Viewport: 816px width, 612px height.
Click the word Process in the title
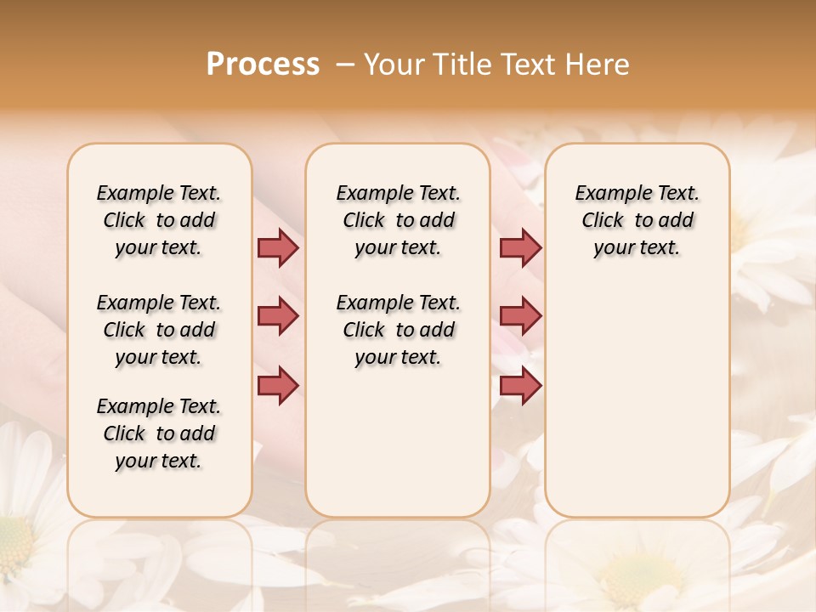[x=263, y=65]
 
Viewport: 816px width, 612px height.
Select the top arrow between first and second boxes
[x=278, y=247]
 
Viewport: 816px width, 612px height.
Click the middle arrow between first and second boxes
[x=278, y=316]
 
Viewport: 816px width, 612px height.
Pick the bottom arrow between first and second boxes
[x=278, y=385]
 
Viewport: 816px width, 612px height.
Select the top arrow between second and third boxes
[x=520, y=247]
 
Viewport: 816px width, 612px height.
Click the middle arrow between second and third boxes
[x=520, y=316]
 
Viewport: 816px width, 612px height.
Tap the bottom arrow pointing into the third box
[x=520, y=385]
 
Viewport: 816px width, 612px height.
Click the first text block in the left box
[x=159, y=220]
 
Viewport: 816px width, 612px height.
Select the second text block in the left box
[x=159, y=330]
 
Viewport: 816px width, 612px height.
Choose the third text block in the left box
[x=159, y=433]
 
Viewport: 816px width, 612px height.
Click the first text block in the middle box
[x=399, y=220]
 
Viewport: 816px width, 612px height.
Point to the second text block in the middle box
[x=399, y=330]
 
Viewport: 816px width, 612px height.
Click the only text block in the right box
[x=637, y=220]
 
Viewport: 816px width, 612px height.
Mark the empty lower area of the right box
[x=637, y=399]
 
